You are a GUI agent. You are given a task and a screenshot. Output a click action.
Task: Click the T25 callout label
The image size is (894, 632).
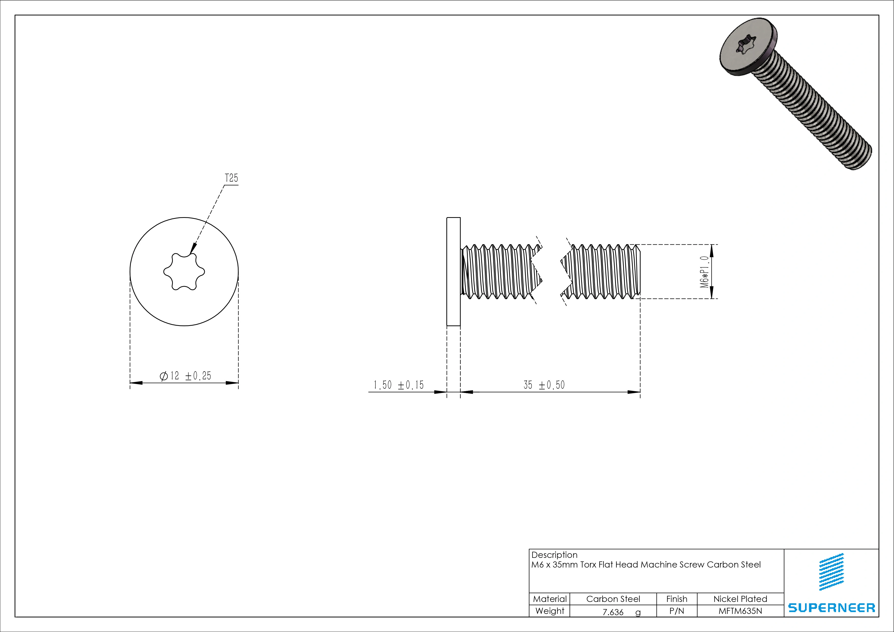231,178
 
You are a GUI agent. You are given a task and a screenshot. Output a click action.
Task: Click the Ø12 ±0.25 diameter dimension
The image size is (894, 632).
185,376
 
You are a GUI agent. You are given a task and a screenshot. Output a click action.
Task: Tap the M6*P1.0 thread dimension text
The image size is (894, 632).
704,272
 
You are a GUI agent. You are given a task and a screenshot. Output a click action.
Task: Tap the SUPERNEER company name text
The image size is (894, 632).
831,608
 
